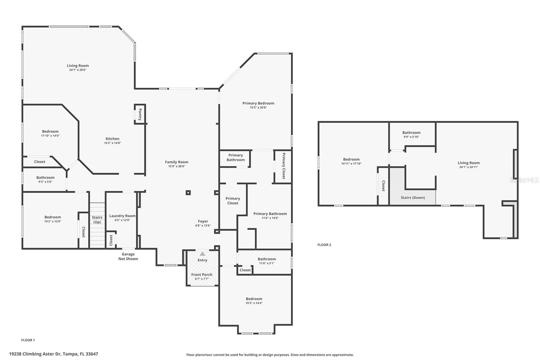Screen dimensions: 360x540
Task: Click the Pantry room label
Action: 140,114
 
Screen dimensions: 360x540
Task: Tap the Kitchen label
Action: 112,139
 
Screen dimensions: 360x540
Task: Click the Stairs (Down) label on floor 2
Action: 413,198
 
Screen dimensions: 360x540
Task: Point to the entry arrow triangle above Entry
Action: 202,254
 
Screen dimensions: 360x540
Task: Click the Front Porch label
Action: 202,275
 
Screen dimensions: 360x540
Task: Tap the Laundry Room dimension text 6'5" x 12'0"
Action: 123,220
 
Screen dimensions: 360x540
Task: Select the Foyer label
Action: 203,222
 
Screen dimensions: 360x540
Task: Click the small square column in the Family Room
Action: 188,193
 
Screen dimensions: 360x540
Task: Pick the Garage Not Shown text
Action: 128,256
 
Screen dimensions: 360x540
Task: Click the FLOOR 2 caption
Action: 324,245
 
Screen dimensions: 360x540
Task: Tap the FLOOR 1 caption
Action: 28,340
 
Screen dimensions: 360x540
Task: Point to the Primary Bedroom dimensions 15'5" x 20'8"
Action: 258,108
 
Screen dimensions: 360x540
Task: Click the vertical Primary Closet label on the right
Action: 283,166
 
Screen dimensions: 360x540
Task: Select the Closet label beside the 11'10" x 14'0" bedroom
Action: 39,162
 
